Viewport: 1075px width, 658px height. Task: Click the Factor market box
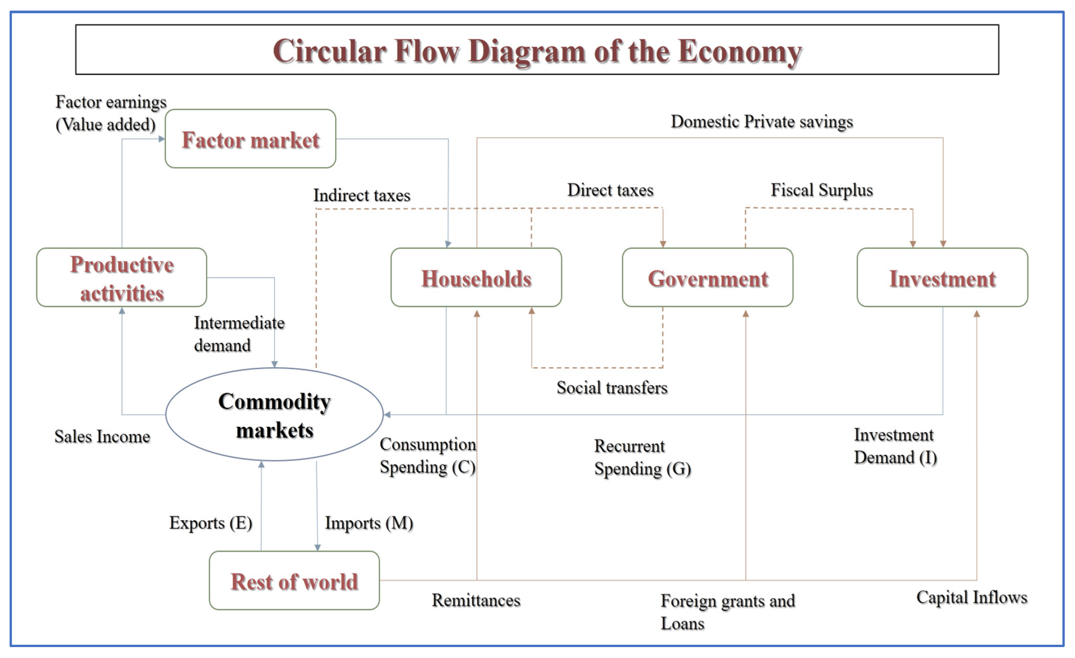click(x=250, y=139)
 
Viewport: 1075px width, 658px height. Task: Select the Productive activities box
click(x=122, y=278)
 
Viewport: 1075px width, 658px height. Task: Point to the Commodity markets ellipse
click(x=275, y=415)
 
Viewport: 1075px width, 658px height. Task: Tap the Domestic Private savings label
click(x=761, y=122)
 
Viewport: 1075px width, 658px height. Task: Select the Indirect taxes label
click(x=362, y=195)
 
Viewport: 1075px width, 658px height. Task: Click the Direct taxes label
click(x=610, y=190)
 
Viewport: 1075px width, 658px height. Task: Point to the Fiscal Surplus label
click(x=822, y=190)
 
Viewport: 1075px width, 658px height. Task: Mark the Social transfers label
click(x=612, y=387)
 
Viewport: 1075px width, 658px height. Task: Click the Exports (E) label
click(x=211, y=523)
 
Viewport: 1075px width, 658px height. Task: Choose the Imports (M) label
click(x=369, y=523)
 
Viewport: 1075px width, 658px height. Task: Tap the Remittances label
click(x=476, y=600)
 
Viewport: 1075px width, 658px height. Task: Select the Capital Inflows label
click(x=972, y=597)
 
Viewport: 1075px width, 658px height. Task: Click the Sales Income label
click(x=102, y=436)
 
